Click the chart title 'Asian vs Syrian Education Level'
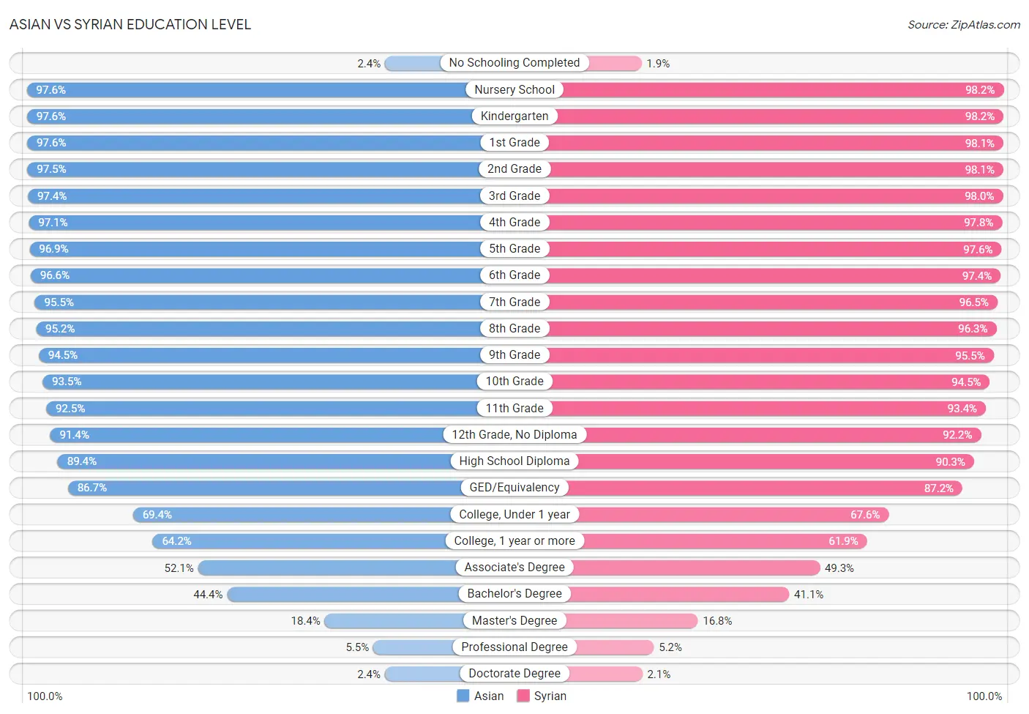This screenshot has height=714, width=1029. pos(130,24)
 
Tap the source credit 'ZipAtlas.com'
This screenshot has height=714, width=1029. pos(985,24)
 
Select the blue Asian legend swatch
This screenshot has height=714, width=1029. pos(463,696)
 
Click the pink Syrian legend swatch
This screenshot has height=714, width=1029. pos(523,696)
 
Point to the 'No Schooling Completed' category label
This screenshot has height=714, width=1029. pos(514,62)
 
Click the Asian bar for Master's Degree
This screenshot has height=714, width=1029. pos(394,621)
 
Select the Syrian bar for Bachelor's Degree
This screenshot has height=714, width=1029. pos(680,594)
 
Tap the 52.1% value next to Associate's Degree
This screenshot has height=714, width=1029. pos(179,568)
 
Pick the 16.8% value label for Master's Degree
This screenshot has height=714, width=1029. pos(717,621)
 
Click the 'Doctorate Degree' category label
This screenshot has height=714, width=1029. pos(514,674)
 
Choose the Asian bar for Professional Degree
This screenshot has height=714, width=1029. pos(414,647)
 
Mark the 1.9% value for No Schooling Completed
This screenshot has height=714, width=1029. pos(658,64)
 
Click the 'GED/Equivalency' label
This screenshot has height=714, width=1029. pos(514,487)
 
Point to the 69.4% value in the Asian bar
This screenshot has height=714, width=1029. pos(157,515)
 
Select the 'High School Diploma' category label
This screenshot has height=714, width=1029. pos(514,461)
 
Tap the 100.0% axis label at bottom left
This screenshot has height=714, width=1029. pos(45,696)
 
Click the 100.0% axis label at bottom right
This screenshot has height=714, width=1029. pos(984,696)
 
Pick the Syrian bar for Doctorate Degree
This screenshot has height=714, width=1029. pos(605,674)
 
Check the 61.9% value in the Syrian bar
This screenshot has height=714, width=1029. pos(843,541)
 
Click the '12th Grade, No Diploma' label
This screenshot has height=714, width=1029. pos(514,434)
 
